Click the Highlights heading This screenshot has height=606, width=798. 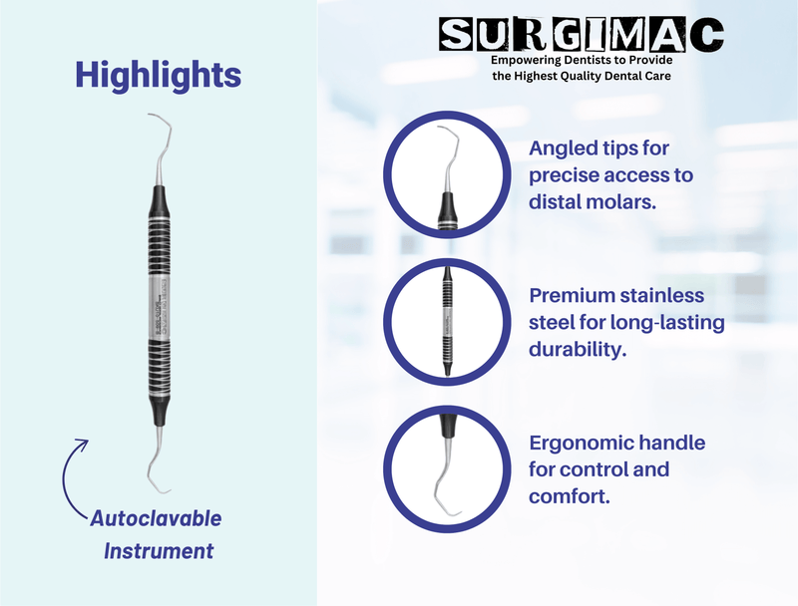[x=159, y=74]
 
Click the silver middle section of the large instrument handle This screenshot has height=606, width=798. [x=158, y=300]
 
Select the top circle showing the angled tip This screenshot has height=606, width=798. [x=444, y=179]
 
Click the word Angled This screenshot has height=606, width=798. [x=564, y=150]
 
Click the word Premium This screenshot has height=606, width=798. [x=574, y=296]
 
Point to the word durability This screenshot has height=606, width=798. [x=578, y=350]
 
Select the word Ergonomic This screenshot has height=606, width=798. [x=581, y=442]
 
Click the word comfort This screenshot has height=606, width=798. [x=569, y=494]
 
